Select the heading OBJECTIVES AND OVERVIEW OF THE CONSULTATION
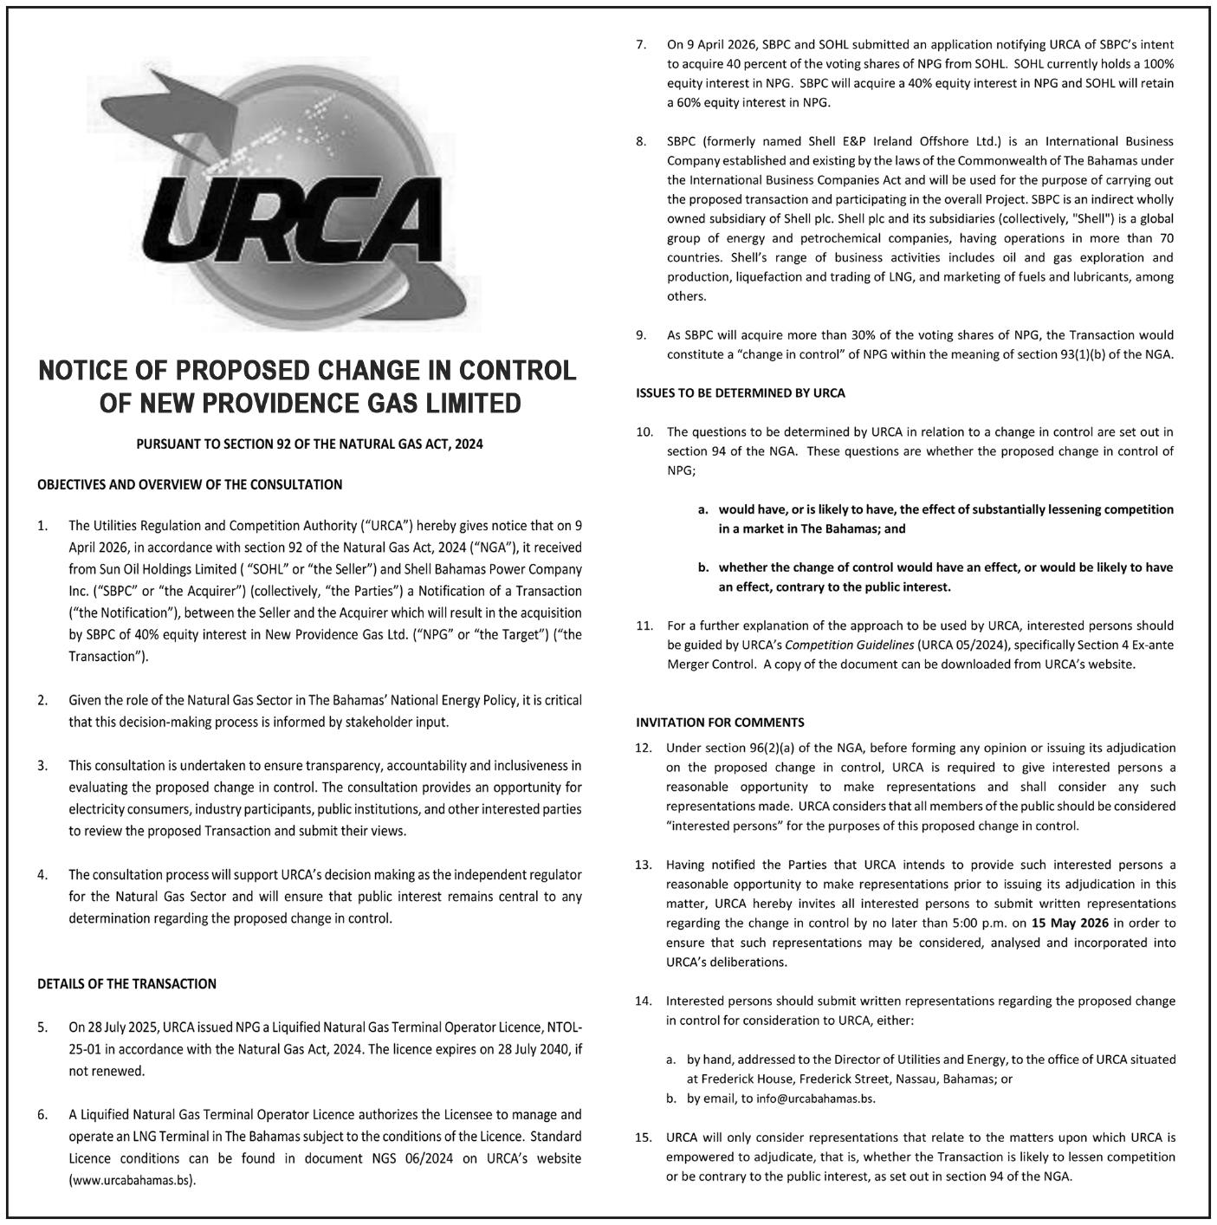click(x=190, y=484)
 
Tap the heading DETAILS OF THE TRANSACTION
click(x=126, y=983)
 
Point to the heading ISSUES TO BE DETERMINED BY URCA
click(x=740, y=392)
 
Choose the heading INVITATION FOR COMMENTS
click(x=720, y=722)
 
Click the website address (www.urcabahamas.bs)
click(x=133, y=1180)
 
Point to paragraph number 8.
click(x=641, y=141)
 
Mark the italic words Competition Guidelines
click(x=829, y=645)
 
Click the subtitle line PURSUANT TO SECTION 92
click(x=309, y=444)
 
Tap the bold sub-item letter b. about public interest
click(x=703, y=567)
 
